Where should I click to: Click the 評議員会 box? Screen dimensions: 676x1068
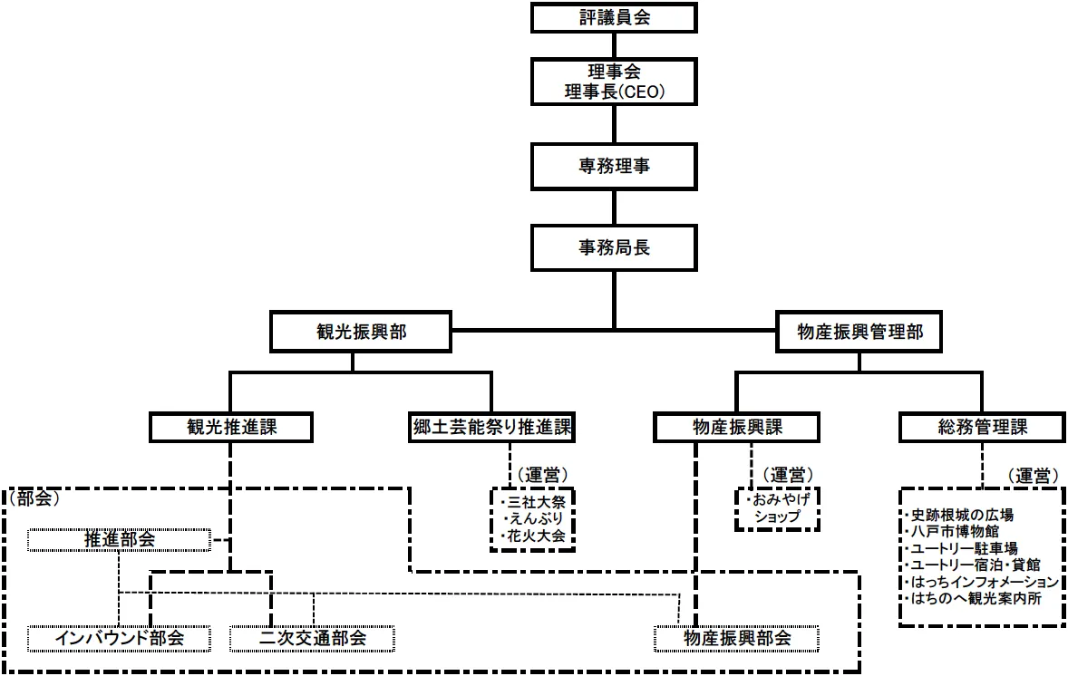(x=614, y=17)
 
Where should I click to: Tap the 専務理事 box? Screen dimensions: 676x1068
(x=614, y=167)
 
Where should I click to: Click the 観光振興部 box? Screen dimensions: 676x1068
(x=360, y=333)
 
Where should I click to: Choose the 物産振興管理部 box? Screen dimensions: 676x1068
(x=859, y=333)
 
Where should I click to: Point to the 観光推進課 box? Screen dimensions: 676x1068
(x=230, y=428)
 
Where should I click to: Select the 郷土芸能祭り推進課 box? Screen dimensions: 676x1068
(x=490, y=428)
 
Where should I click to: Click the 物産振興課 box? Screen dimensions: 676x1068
(x=736, y=428)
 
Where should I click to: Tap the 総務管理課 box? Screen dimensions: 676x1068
(x=983, y=428)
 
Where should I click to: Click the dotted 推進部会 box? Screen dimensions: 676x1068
(x=119, y=540)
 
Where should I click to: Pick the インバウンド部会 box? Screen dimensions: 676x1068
(x=119, y=638)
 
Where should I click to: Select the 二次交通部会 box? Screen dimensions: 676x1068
(x=313, y=638)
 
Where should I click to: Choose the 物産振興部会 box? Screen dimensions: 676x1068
(x=736, y=638)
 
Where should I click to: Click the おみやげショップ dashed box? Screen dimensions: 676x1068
(x=777, y=509)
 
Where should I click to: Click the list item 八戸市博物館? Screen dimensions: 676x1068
(x=949, y=532)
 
